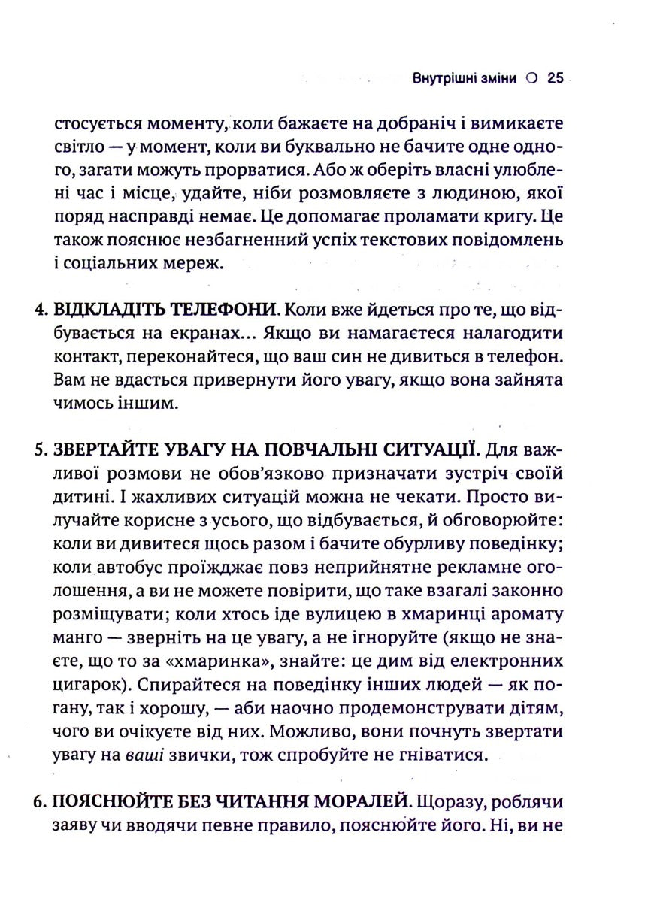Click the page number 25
[556, 79]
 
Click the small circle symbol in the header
[532, 79]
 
